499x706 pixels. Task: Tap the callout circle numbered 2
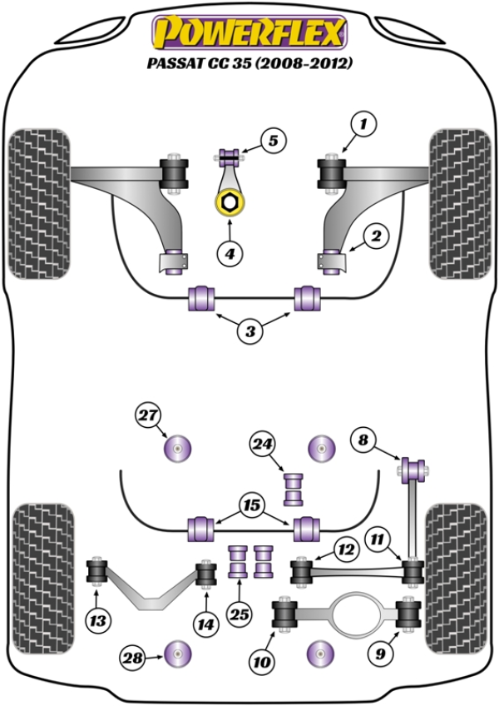376,237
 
